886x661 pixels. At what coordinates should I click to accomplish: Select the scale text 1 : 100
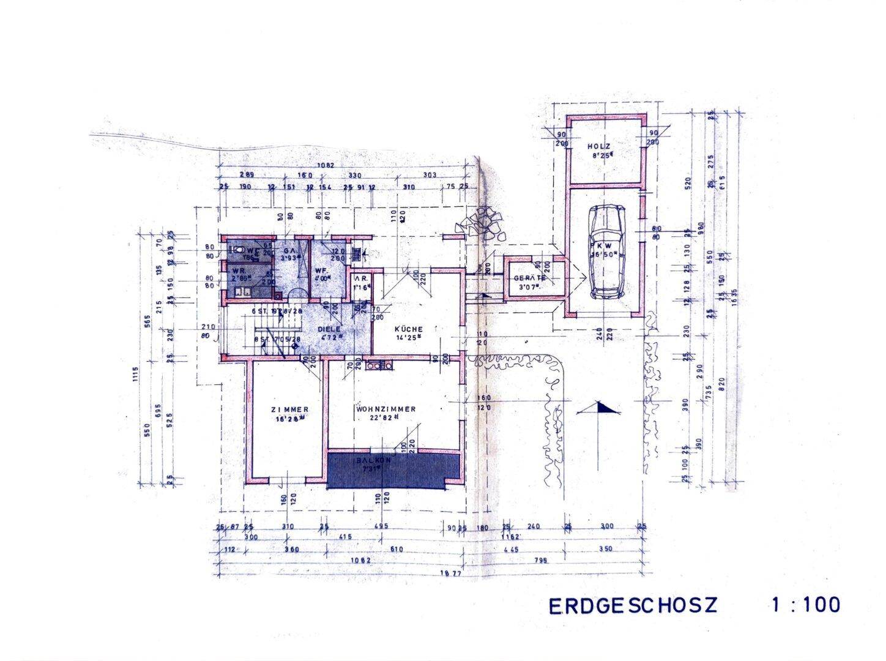pyautogui.click(x=805, y=605)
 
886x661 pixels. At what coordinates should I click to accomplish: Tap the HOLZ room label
pyautogui.click(x=600, y=146)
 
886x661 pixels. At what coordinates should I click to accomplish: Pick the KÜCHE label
pyautogui.click(x=409, y=329)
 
